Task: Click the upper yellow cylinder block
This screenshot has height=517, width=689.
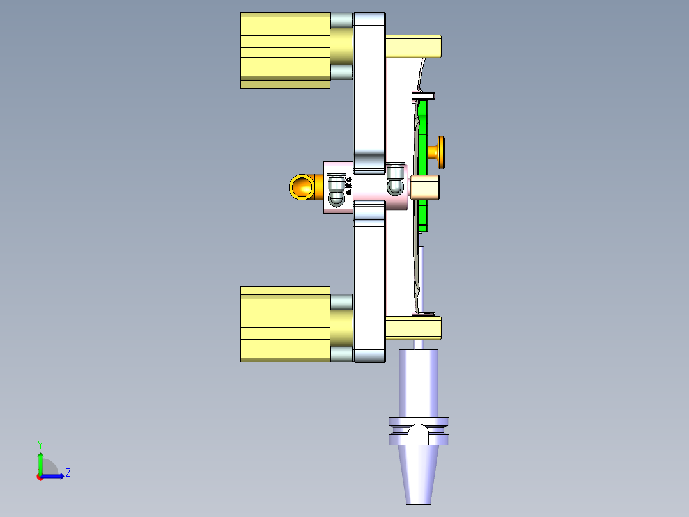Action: click(284, 50)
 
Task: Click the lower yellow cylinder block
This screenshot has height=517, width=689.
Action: click(284, 324)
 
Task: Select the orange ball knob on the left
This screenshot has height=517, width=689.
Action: click(301, 186)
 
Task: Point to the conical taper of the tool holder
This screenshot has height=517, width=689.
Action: click(419, 473)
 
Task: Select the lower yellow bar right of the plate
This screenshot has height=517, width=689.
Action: click(413, 328)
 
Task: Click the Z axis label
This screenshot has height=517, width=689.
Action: click(68, 473)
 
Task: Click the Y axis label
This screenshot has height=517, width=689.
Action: click(40, 444)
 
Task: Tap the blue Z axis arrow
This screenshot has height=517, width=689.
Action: click(54, 476)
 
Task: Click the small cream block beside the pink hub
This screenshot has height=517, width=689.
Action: click(425, 187)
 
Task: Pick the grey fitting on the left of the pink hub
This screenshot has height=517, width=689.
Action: click(336, 190)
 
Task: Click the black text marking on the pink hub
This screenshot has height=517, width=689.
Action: click(348, 186)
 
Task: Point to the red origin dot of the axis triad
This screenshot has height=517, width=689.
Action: click(40, 476)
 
